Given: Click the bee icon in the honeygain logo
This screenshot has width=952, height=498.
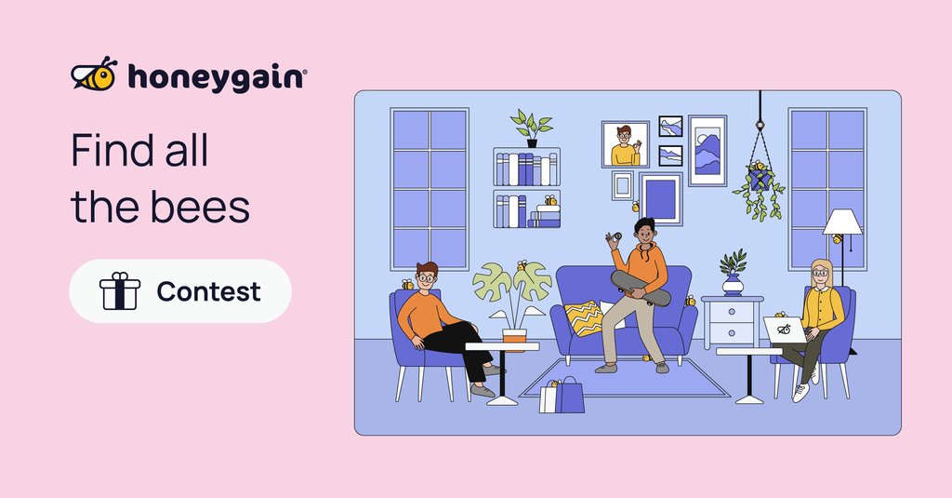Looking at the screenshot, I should pos(94,75).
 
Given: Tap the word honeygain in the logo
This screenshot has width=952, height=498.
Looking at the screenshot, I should pos(215,77).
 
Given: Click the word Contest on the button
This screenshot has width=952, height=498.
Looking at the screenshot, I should pos(208,291).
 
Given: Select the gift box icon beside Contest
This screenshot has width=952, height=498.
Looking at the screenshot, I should pos(119,291).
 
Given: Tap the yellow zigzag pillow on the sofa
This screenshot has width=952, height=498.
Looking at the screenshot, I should pos(584,317).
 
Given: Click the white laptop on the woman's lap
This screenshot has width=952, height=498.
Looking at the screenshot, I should pos(783,329).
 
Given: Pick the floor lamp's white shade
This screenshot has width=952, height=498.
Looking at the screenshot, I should pos(842,222).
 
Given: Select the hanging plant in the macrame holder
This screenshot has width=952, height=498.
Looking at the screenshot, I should pos(759,189).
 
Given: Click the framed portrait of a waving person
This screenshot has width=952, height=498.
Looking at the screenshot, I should pos(625,144).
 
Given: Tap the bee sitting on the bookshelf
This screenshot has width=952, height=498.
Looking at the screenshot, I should pos(551,200).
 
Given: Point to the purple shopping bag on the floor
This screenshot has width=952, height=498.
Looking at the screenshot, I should pos(570,396).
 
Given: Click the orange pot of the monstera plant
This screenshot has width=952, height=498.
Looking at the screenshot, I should pos(514,334).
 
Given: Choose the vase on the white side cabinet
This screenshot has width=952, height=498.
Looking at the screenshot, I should pos(733,283).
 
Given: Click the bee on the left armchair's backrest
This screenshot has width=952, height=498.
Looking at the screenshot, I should pos(407,284).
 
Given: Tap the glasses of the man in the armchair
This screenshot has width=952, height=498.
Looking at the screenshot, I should pos(427,276).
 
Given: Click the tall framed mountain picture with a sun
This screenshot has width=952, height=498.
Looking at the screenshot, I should pos(707,150).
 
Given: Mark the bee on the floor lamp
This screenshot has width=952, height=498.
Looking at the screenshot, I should pos(837,239).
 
